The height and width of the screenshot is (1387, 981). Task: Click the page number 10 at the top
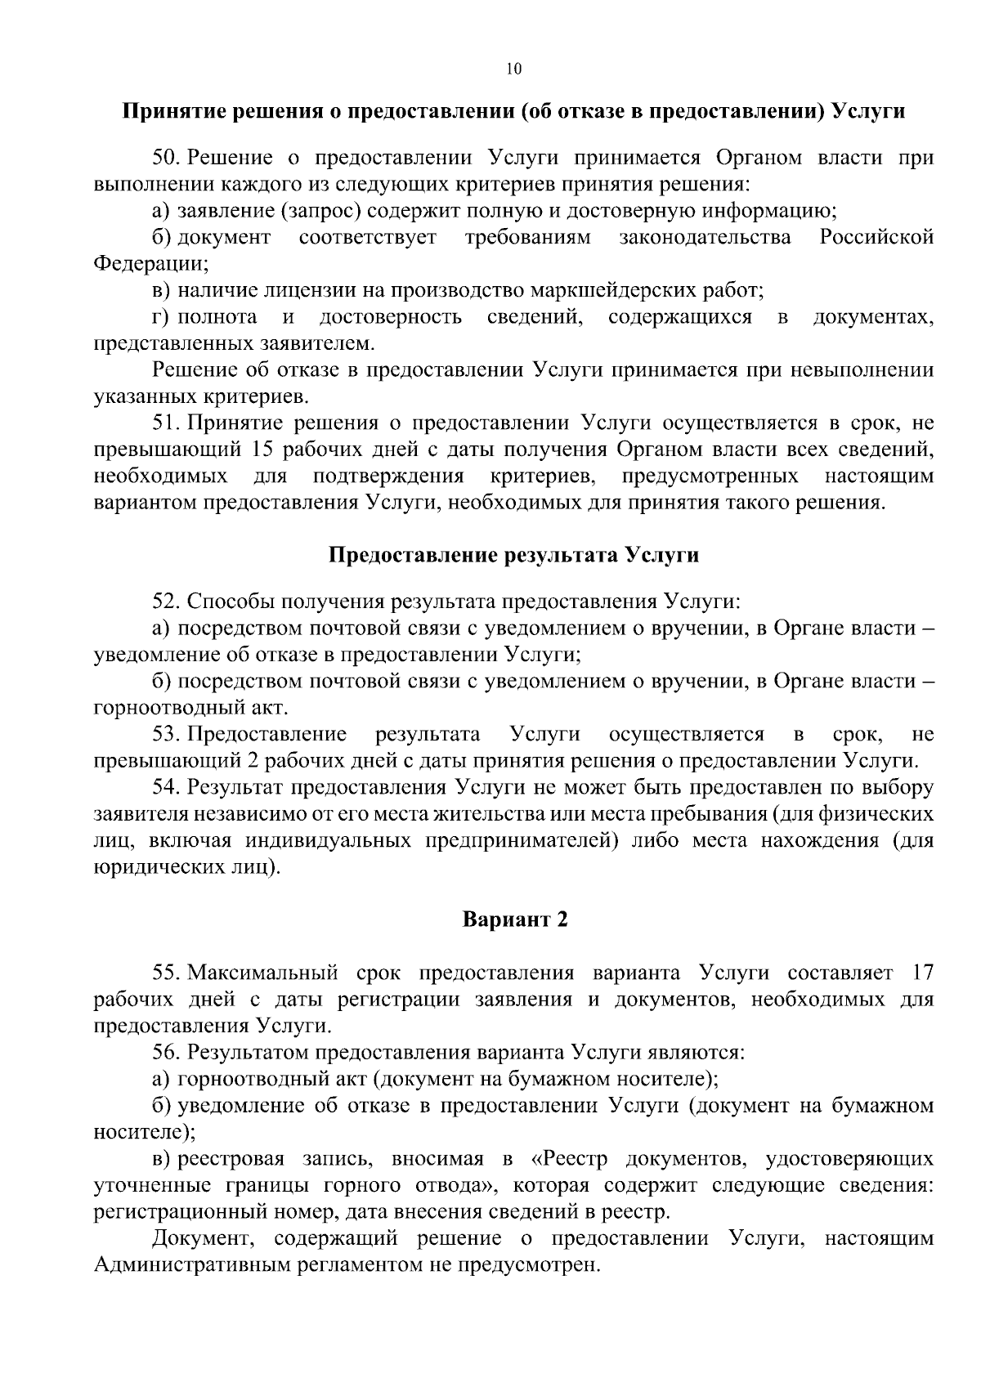[513, 69]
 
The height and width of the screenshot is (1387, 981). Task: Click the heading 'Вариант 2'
[514, 919]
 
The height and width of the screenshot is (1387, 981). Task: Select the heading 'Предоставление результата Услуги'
[514, 555]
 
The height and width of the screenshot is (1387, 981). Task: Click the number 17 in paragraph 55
[921, 973]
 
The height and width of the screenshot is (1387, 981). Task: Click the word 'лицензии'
[313, 290]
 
